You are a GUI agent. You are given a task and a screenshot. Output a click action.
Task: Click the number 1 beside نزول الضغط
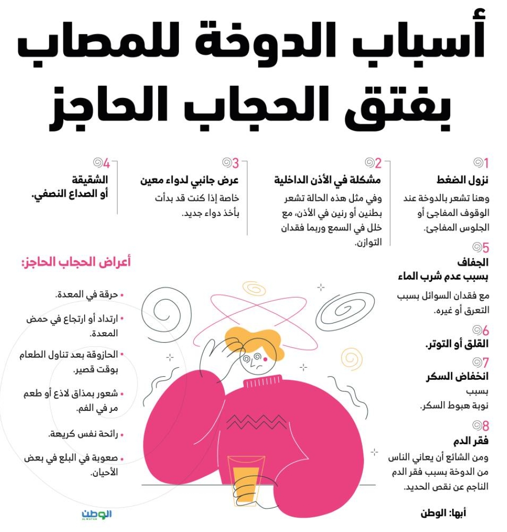[486, 163]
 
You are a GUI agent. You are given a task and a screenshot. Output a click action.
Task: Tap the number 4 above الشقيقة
[106, 163]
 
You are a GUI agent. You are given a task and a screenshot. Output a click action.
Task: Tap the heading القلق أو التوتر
[456, 344]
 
